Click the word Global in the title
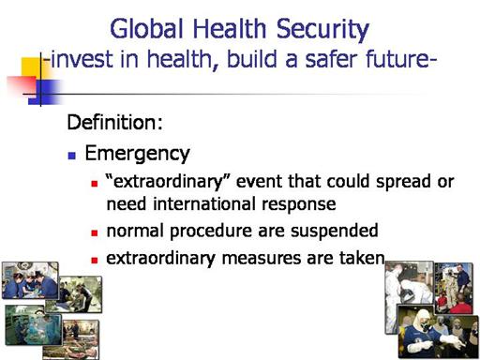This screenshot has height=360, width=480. click(x=146, y=29)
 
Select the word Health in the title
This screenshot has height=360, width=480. click(x=230, y=29)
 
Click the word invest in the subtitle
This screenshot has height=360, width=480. click(x=82, y=59)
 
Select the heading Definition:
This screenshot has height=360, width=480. click(x=115, y=122)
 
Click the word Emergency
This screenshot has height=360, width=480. click(x=138, y=155)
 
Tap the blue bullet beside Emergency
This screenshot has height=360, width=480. click(x=72, y=156)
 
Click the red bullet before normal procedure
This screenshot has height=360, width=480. click(x=95, y=232)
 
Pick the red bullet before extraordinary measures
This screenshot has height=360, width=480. click(x=95, y=260)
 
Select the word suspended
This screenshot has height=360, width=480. click(x=335, y=232)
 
